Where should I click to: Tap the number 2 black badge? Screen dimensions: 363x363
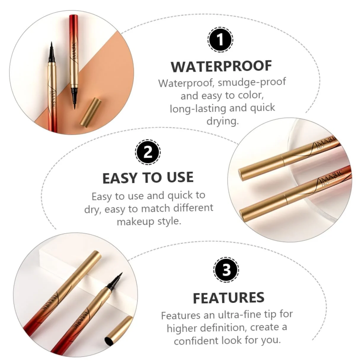(148, 152)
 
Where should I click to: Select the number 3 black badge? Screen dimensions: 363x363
(226, 270)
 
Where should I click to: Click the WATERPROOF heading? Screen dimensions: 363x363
(221, 66)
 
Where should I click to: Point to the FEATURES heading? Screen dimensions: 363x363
(228, 298)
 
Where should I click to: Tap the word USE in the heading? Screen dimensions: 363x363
(180, 177)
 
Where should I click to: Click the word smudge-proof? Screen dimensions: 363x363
(252, 82)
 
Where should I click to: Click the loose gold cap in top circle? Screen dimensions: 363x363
(91, 111)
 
